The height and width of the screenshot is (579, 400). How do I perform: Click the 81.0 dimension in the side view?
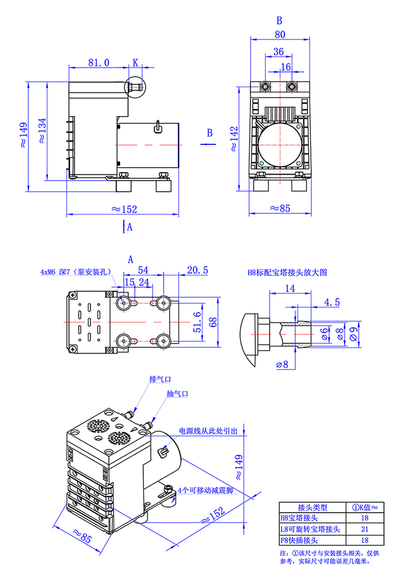[98, 62]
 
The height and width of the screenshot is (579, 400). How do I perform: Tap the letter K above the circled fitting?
[136, 62]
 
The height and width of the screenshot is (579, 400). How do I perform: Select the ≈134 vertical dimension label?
[41, 130]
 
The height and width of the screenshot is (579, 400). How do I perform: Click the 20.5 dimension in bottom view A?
[197, 270]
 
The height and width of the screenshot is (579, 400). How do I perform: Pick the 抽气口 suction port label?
[177, 394]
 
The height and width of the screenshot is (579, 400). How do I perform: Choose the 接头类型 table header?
[313, 507]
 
